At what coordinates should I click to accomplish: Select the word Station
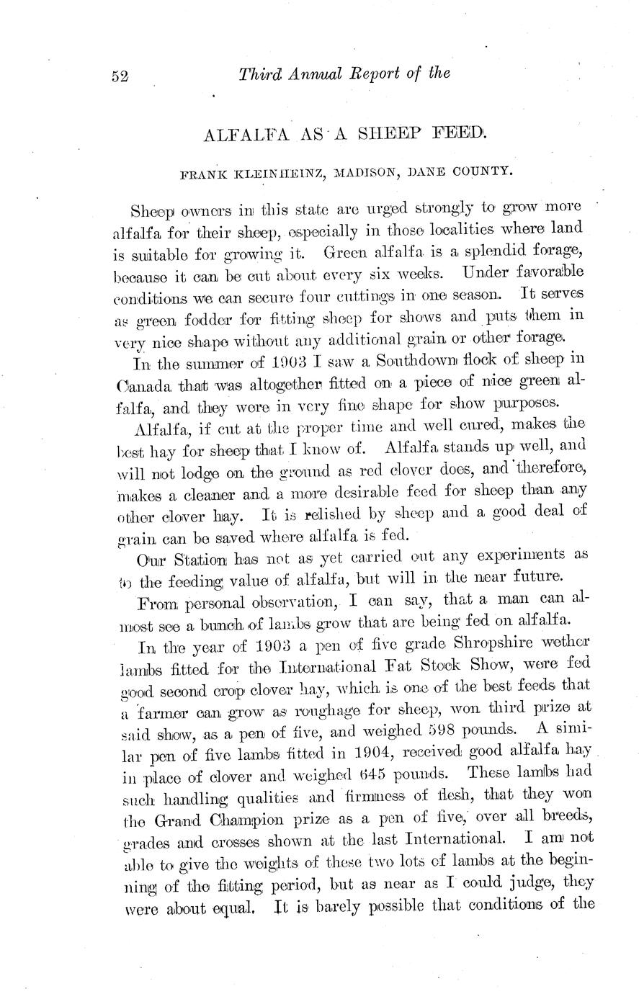(x=207, y=556)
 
